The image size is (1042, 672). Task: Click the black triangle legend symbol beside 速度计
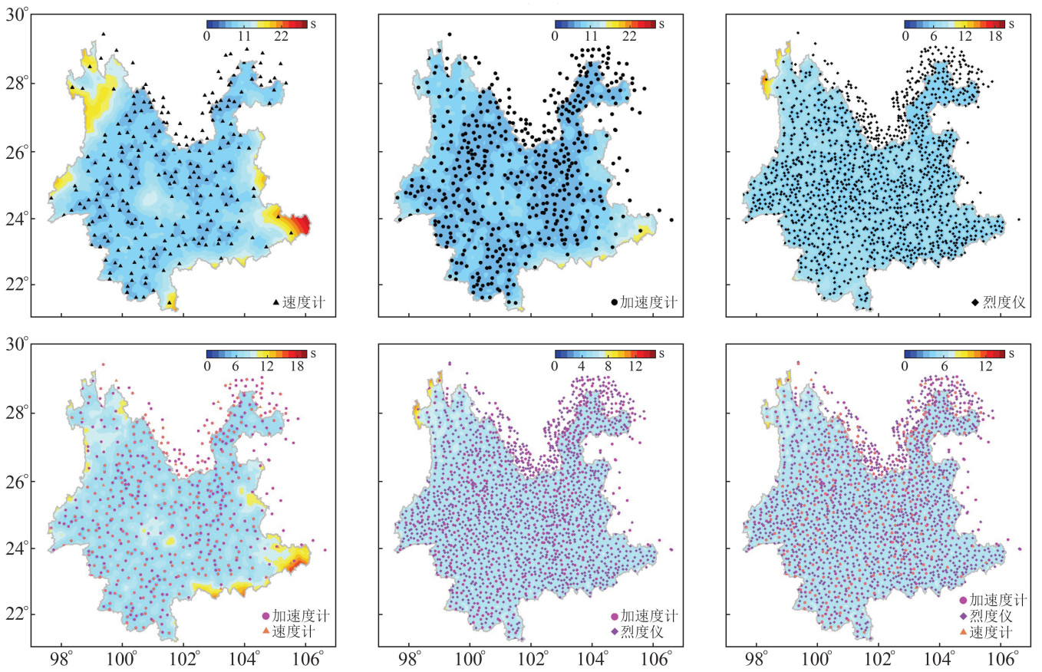click(276, 302)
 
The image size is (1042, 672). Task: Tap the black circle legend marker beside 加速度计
click(614, 302)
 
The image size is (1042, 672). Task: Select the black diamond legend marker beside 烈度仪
click(975, 302)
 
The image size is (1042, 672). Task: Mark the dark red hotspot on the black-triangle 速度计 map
click(302, 226)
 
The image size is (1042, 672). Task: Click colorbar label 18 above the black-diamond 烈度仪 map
click(995, 35)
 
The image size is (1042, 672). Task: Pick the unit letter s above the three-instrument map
click(1011, 354)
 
